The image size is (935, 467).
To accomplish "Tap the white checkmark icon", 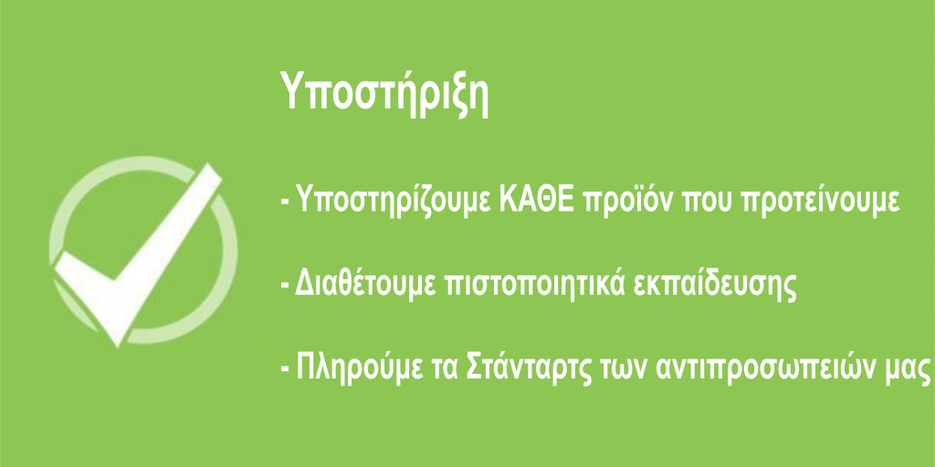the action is (x=139, y=254).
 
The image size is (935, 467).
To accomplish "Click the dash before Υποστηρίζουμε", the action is (x=286, y=203).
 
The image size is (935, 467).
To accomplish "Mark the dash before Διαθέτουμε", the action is (x=286, y=285).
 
